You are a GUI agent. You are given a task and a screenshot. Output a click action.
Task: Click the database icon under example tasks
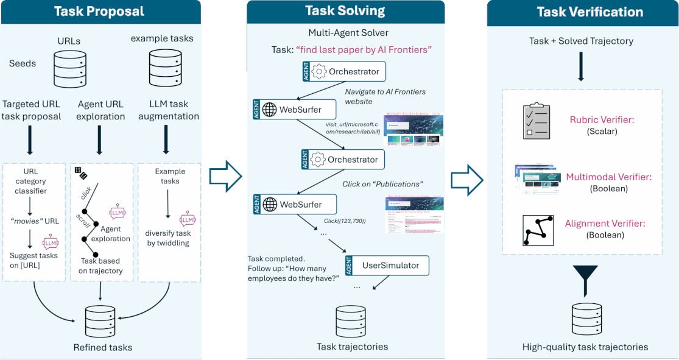pyautogui.click(x=162, y=69)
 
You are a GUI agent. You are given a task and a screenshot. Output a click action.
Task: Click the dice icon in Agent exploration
pyautogui.click(x=80, y=174)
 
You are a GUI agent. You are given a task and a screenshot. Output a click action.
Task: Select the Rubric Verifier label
pyautogui.click(x=602, y=120)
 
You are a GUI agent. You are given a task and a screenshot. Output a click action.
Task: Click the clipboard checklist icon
pyautogui.click(x=537, y=121)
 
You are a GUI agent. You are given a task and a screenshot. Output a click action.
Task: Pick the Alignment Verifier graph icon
pyautogui.click(x=538, y=229)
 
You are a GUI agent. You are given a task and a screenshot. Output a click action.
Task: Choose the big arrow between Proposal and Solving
pyautogui.click(x=225, y=177)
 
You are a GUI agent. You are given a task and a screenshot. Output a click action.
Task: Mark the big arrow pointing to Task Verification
pyautogui.click(x=466, y=180)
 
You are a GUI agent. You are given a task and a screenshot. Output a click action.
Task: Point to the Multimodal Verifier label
pyautogui.click(x=608, y=177)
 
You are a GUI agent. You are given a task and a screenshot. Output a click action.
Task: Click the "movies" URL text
pyautogui.click(x=34, y=221)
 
